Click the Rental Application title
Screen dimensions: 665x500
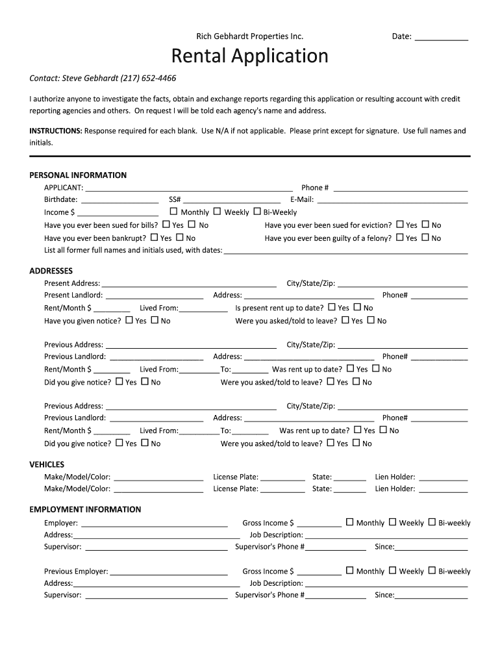pyautogui.click(x=249, y=56)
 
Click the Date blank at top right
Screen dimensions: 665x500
pyautogui.click(x=441, y=37)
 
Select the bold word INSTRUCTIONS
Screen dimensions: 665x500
pyautogui.click(x=55, y=131)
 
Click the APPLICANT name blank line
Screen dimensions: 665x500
pyautogui.click(x=189, y=188)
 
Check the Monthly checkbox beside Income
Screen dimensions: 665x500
pyautogui.click(x=173, y=212)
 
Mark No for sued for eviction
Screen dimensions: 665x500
pyautogui.click(x=425, y=225)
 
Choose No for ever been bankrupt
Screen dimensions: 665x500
pyautogui.click(x=180, y=238)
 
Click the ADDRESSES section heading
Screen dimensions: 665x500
pyautogui.click(x=51, y=271)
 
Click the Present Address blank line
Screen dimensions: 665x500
pyautogui.click(x=189, y=284)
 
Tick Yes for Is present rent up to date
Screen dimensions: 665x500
pyautogui.click(x=332, y=307)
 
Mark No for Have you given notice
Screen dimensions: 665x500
pyautogui.click(x=155, y=320)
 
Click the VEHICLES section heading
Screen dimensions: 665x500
pyautogui.click(x=47, y=464)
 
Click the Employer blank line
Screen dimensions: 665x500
pyautogui.click(x=154, y=523)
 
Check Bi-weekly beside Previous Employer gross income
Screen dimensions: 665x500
pyautogui.click(x=432, y=571)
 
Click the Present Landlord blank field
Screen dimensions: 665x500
pyautogui.click(x=155, y=295)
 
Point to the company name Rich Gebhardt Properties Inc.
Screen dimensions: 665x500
pyautogui.click(x=250, y=36)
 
